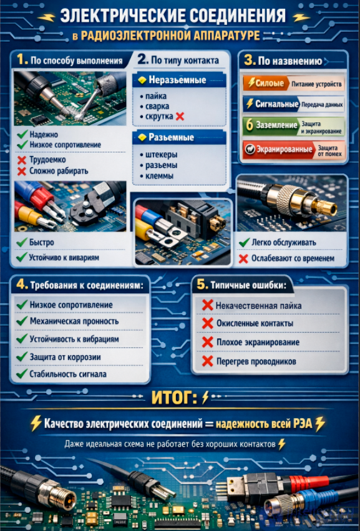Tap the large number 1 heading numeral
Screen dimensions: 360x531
22,60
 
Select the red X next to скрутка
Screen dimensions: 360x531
180,117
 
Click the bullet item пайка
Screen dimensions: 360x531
156,96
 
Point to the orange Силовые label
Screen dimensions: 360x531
266,83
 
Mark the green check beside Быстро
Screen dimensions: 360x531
22,242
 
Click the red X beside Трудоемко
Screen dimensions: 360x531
22,160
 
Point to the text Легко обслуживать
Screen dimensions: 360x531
284,243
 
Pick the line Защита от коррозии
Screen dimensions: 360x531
65,357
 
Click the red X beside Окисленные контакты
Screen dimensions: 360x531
207,323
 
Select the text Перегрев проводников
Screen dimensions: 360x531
256,362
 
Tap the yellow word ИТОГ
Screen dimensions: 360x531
174,397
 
